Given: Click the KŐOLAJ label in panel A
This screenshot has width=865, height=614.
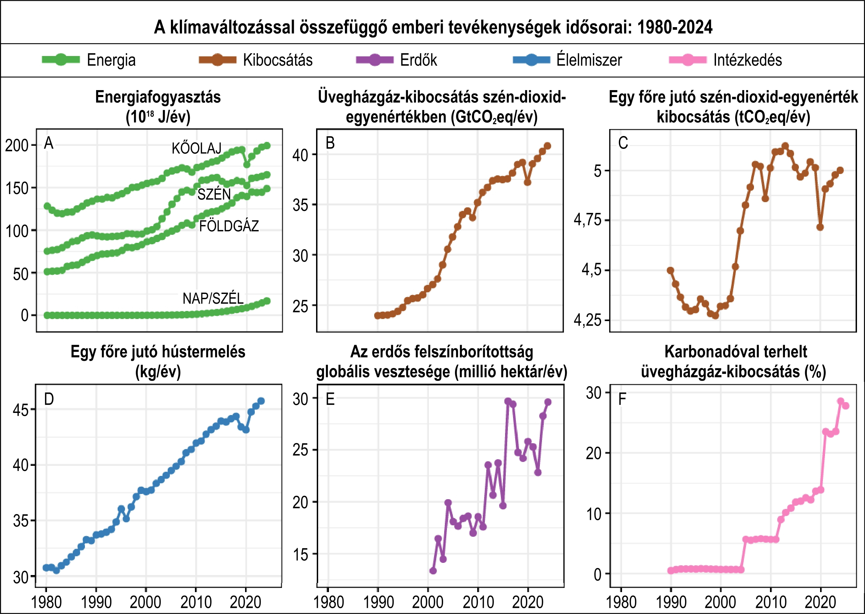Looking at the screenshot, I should pos(196,149).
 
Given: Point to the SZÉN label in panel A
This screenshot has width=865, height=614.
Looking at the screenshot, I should pos(214,194).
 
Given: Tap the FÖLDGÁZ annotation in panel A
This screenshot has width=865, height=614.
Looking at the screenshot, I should pos(229,226).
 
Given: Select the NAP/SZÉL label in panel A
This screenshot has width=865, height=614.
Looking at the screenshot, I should pos(213,299).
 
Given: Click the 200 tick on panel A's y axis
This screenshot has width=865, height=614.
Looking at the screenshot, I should pos(17,145).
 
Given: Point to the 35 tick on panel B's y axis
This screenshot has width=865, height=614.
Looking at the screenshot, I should pos(300,205).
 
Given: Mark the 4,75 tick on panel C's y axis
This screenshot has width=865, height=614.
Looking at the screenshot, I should pos(587,220).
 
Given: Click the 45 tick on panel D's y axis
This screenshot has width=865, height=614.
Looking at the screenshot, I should pos(21,410).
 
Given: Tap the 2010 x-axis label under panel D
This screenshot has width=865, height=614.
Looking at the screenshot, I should pos(196,602).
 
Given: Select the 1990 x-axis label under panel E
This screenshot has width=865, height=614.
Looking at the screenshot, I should pos(378,602).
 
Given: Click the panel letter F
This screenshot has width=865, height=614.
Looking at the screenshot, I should pos(622,399).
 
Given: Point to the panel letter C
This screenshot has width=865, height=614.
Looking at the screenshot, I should pos(623,143).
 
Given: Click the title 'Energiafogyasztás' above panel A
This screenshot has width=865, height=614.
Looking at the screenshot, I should pos(158,97).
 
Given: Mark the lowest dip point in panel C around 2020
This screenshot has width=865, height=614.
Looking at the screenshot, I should pos(820,227).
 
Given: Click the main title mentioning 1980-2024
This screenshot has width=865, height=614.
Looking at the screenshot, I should pos(433,27).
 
